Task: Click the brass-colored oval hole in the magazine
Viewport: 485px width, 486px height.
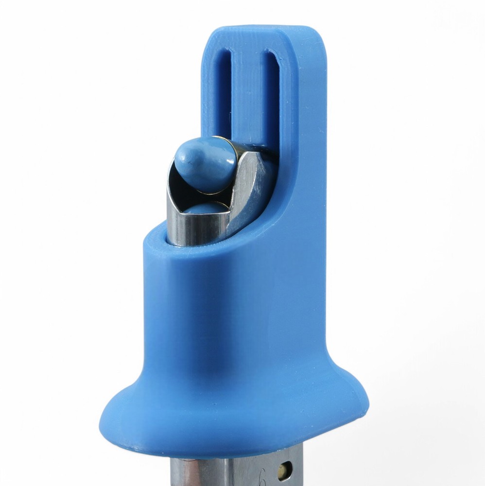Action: click(x=283, y=470)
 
